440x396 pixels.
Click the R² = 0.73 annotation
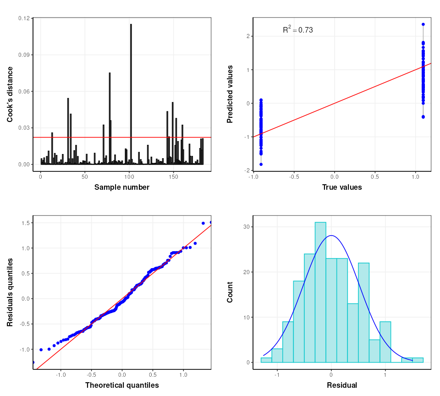(x=297, y=30)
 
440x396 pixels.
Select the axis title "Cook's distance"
(x=10, y=94)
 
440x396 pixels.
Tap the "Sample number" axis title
(x=122, y=187)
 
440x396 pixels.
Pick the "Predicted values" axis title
(x=230, y=94)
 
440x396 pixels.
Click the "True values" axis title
(x=342, y=187)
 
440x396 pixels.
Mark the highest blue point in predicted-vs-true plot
(x=423, y=24)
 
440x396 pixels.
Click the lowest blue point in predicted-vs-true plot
(x=261, y=164)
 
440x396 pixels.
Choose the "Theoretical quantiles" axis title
(x=122, y=385)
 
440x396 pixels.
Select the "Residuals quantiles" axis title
(x=10, y=292)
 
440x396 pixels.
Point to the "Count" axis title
(x=230, y=292)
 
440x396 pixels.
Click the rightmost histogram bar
(x=418, y=360)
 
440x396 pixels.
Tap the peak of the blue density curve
(x=331, y=236)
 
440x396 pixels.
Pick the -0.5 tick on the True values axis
(x=294, y=176)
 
